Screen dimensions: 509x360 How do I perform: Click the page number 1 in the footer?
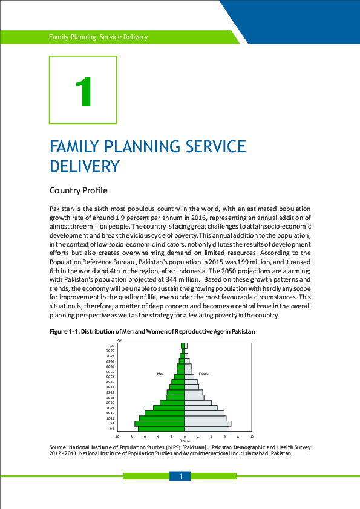coord(180,477)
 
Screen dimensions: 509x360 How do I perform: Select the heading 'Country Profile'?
coord(78,191)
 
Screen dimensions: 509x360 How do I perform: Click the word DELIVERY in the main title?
coord(84,166)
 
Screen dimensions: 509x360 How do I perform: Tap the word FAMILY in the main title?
coord(76,147)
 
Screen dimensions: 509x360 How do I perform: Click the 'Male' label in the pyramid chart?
coord(160,374)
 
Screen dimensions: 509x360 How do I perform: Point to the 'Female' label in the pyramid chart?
coord(204,374)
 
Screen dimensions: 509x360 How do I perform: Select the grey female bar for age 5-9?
coord(208,423)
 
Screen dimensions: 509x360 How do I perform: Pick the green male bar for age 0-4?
coord(162,429)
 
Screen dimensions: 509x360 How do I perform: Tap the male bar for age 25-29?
coord(172,402)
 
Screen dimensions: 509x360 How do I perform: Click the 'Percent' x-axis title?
coord(185,441)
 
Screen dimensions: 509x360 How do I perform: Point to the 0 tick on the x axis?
coord(185,436)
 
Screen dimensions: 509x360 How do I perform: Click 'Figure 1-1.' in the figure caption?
coord(64,332)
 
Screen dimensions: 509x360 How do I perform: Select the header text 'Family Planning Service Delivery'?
coord(98,37)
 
